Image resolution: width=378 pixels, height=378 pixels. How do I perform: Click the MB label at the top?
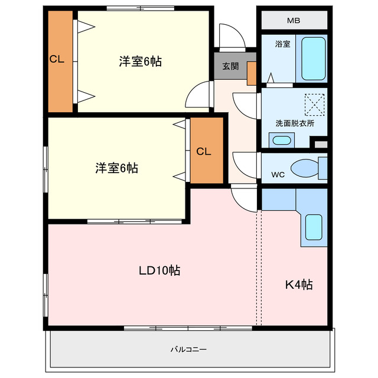[x=294, y=21]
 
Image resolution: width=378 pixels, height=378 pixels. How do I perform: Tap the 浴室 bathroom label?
[x=282, y=44]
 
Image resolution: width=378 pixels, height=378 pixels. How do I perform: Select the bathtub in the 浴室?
[x=313, y=58]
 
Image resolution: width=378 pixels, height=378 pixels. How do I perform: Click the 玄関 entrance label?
[x=230, y=66]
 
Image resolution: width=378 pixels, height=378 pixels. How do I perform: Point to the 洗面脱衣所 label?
[x=295, y=123]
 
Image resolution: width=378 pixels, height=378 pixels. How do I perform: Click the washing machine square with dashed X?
[x=314, y=105]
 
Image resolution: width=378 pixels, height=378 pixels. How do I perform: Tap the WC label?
[x=278, y=175]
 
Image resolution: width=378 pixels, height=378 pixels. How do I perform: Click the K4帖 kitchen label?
[x=299, y=285]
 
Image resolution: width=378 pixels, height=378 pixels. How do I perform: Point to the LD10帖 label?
[x=159, y=271]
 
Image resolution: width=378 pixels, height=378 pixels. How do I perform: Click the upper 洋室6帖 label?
[x=141, y=61]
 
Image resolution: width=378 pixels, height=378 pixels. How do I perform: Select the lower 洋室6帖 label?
[x=117, y=168]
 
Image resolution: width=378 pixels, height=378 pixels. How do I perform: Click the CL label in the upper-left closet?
[x=57, y=59]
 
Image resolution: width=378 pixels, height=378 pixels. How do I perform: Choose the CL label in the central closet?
[x=204, y=152]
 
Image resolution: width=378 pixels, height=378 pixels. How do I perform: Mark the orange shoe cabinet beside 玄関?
[x=251, y=73]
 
